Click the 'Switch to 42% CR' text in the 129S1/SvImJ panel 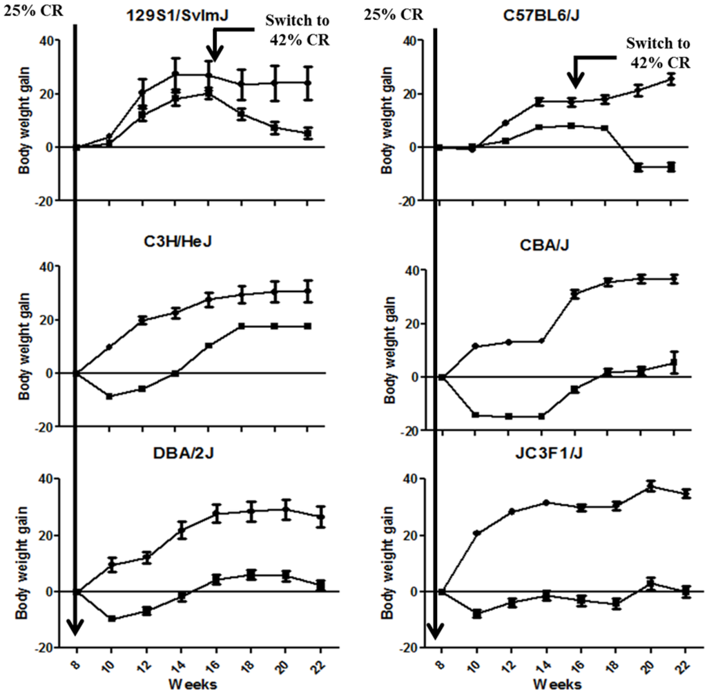(296, 30)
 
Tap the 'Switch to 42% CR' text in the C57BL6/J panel (657, 53)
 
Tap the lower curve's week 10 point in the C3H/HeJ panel (109, 396)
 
